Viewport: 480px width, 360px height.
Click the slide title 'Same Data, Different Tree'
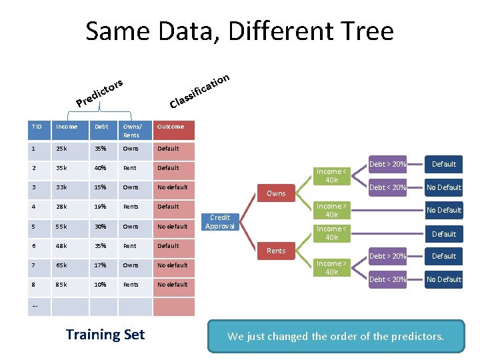coord(239,31)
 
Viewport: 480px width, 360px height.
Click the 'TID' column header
coord(37,127)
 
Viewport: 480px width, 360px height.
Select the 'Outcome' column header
coord(171,127)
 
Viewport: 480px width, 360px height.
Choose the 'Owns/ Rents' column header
coord(132,131)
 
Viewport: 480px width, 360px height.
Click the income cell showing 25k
coord(62,149)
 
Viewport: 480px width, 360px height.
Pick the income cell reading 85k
coord(62,285)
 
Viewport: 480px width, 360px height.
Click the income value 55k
coord(62,227)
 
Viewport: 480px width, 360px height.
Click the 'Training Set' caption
coord(105,335)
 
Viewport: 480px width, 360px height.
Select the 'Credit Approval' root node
coord(220,222)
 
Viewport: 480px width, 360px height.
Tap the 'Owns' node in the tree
coord(276,193)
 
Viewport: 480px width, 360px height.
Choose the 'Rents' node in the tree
coord(276,251)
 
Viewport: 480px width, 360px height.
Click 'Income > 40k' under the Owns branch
coord(329,210)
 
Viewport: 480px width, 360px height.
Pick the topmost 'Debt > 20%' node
coord(388,164)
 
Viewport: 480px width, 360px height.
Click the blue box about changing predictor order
coord(335,336)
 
